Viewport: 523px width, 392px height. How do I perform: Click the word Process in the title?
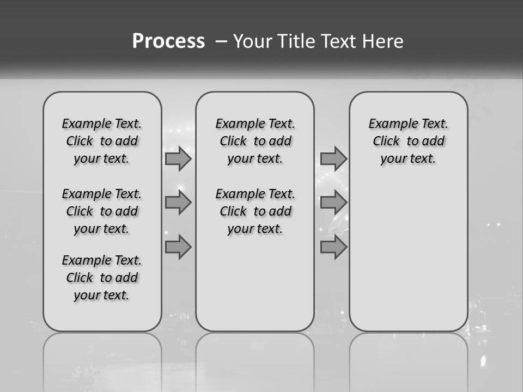(168, 41)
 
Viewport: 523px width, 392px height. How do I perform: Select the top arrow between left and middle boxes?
(178, 158)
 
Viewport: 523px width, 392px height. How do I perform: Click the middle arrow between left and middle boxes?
(178, 203)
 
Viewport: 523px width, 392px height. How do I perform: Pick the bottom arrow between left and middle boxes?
(178, 247)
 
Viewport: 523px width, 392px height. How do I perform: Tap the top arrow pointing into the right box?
(333, 158)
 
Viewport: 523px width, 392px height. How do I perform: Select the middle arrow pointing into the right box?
(333, 203)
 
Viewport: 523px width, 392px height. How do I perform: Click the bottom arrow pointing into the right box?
(333, 247)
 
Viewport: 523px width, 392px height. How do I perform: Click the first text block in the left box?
(102, 141)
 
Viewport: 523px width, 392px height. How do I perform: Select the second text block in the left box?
(102, 211)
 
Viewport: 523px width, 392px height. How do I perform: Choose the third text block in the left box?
(102, 278)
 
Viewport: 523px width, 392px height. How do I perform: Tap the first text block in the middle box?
(255, 141)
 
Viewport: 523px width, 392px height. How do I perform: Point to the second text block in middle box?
(255, 211)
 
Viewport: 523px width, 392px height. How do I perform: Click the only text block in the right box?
(408, 141)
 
